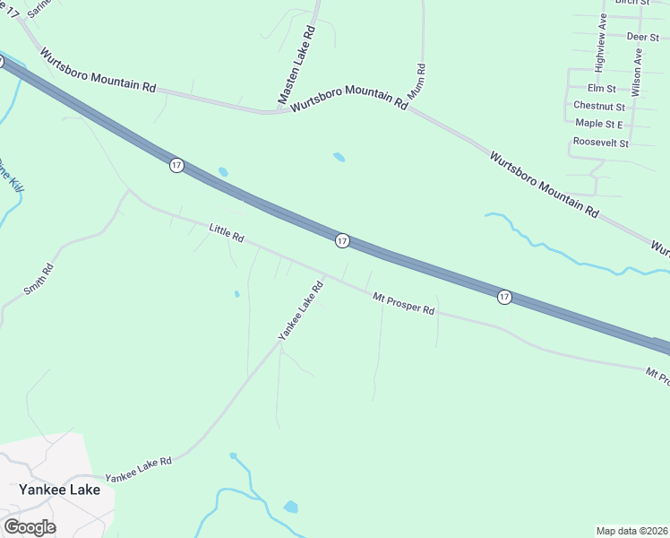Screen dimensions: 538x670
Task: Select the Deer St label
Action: click(642, 37)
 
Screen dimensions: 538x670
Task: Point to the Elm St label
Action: click(601, 89)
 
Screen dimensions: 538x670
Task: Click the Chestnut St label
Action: click(598, 106)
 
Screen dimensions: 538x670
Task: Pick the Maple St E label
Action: click(599, 124)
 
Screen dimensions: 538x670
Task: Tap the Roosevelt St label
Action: click(600, 143)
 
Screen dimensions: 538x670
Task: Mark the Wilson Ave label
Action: click(636, 72)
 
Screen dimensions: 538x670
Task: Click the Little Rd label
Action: click(227, 234)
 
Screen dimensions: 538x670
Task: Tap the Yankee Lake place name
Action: click(60, 490)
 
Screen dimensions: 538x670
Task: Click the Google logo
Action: click(30, 527)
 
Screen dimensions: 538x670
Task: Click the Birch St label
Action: click(631, 3)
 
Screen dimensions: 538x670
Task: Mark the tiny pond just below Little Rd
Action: click(236, 293)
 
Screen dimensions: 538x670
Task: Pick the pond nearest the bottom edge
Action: click(290, 507)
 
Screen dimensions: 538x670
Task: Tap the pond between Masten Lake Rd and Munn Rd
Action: click(339, 157)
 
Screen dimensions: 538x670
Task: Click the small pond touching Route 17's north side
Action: click(223, 171)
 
